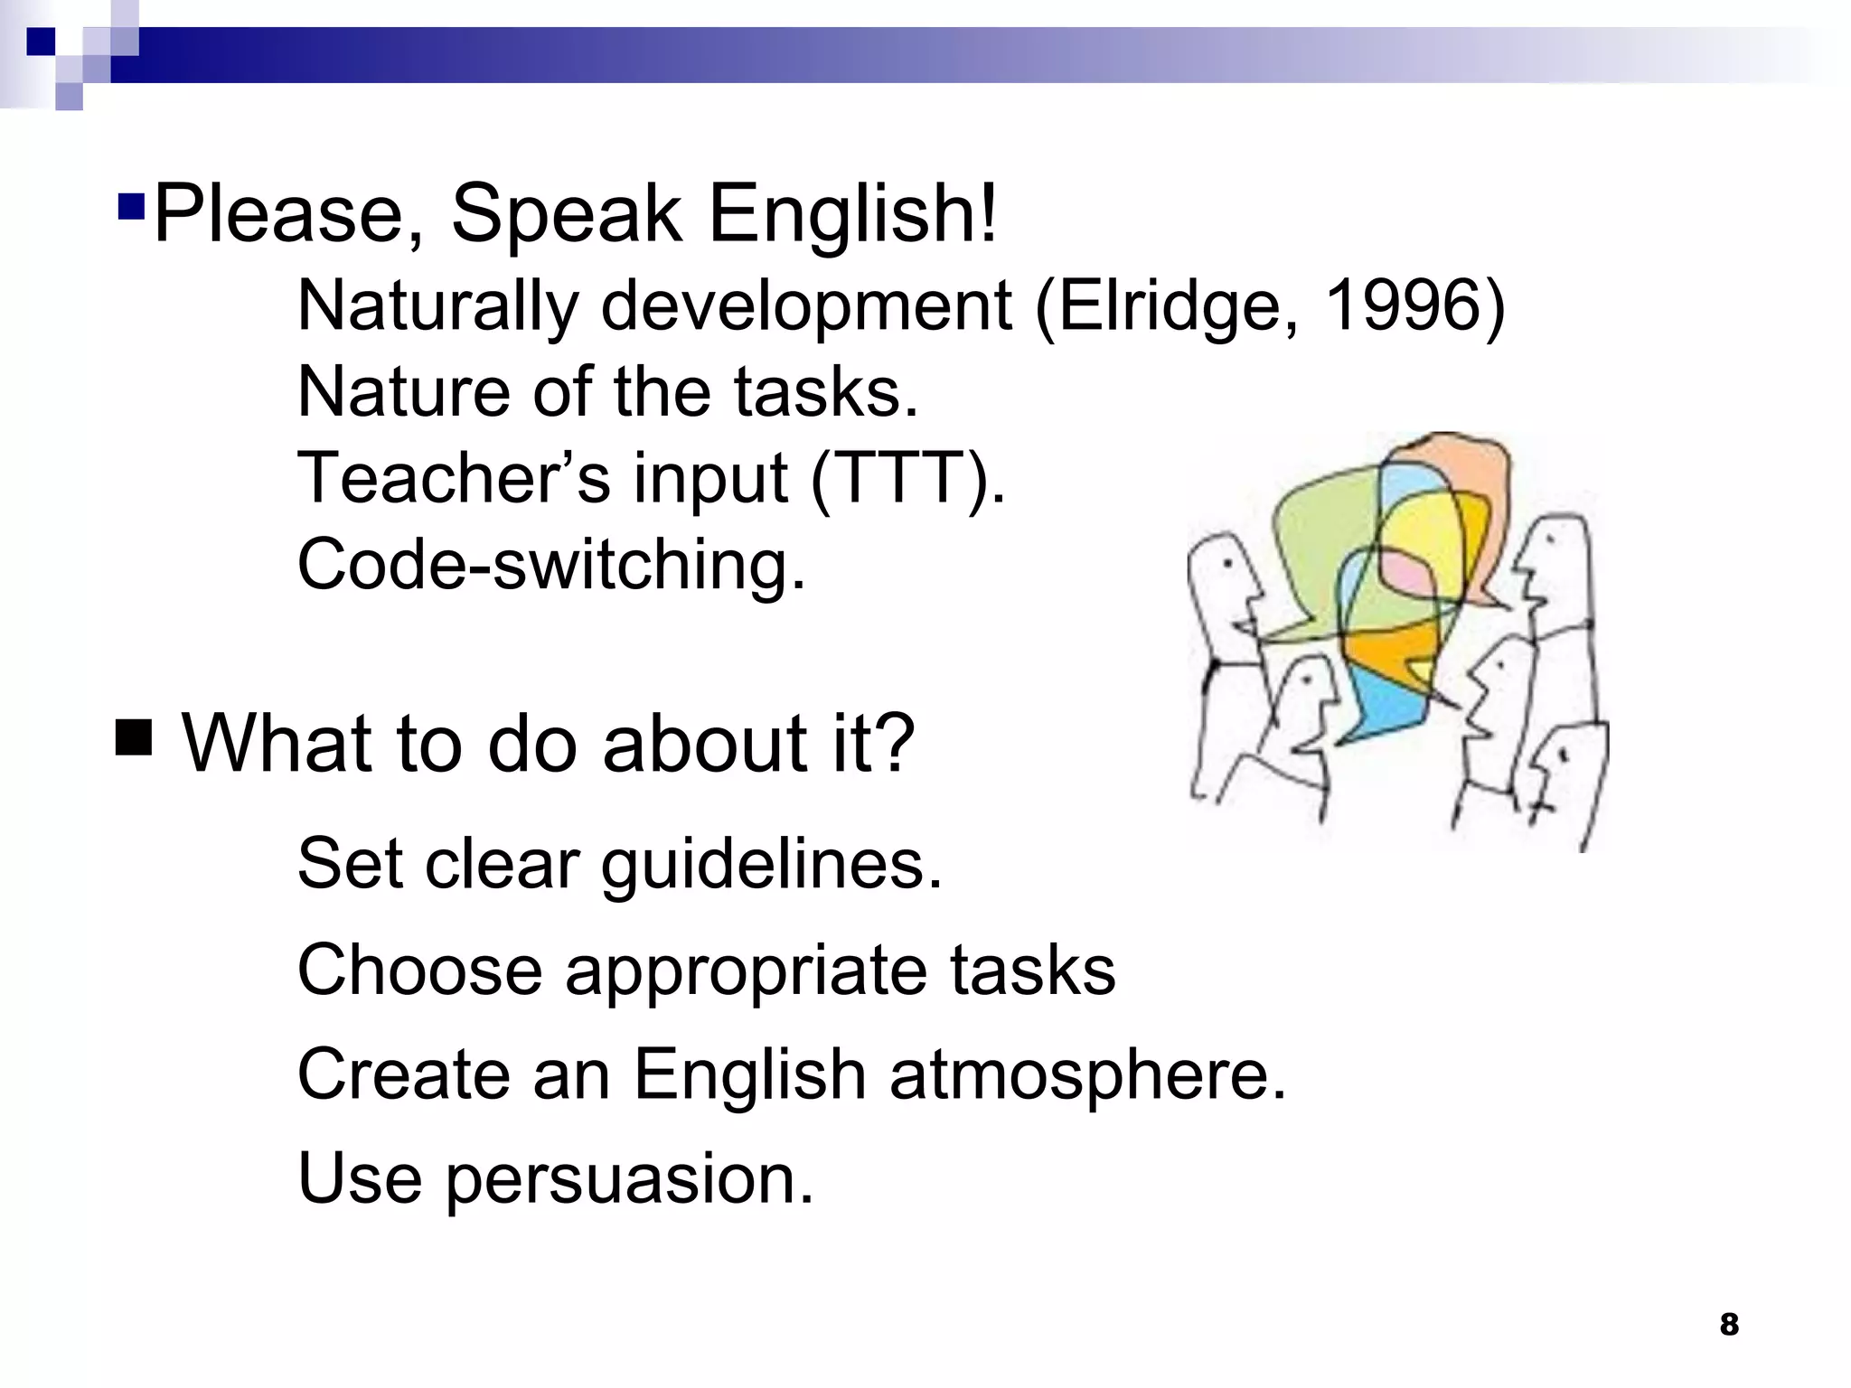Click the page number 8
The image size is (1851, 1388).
point(1728,1325)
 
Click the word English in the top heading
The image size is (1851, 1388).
point(852,215)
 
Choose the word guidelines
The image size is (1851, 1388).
point(772,865)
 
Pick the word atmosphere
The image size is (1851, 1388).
point(1087,1075)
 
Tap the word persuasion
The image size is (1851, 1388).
point(629,1179)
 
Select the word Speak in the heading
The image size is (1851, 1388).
point(566,215)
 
